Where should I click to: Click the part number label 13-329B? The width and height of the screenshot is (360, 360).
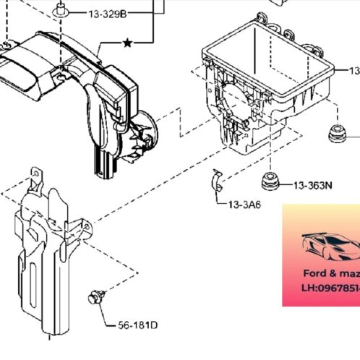pos(107,14)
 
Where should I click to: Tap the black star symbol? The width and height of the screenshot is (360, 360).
pos(127,44)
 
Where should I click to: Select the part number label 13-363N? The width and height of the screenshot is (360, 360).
pos(312,185)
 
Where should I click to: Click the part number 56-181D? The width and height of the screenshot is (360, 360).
pos(137,324)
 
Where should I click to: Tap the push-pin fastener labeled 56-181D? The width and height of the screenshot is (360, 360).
pos(94,296)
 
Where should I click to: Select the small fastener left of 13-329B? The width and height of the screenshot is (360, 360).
pos(61,10)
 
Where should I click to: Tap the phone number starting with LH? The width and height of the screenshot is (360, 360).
pos(329,287)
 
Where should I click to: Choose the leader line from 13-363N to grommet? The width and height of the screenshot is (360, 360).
pos(286,185)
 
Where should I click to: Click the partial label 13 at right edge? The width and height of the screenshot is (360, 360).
pos(354,71)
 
